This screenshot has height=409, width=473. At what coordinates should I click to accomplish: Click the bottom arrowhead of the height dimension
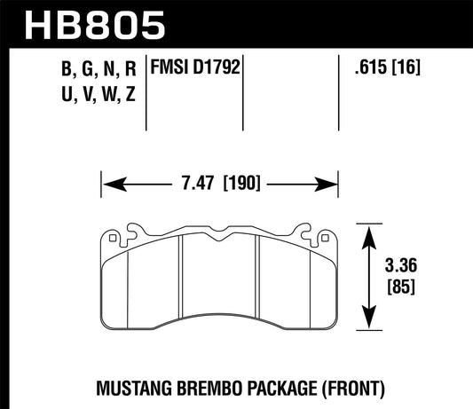point(367,327)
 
